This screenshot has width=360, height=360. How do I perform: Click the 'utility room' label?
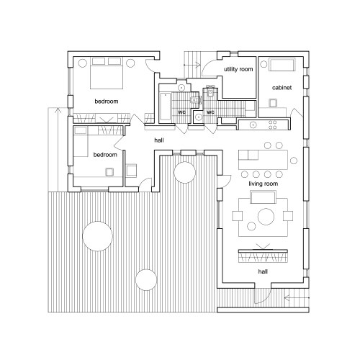tap(238, 69)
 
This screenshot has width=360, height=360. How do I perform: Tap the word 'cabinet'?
tap(282, 88)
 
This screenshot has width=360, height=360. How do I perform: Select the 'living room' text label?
tap(264, 184)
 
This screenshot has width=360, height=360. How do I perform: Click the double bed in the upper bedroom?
tap(107, 73)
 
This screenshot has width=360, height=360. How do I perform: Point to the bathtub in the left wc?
tap(166, 107)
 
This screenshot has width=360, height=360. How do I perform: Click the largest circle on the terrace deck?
tap(97, 236)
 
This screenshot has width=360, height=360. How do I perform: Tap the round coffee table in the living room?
tap(266, 217)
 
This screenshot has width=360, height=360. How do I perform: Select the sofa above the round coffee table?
tap(263, 197)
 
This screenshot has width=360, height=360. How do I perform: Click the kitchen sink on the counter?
tap(253, 125)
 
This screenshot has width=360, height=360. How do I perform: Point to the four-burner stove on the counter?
tap(273, 125)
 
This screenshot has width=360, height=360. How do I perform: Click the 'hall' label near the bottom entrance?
tap(263, 271)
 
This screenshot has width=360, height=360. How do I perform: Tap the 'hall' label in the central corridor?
tap(159, 140)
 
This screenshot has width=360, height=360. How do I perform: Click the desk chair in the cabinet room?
tap(273, 103)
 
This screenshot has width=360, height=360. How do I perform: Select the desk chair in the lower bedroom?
tap(109, 172)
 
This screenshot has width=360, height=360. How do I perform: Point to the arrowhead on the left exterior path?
tap(58, 110)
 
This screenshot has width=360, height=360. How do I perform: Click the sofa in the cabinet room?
tap(282, 65)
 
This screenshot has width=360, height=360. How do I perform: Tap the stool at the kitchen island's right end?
tap(294, 161)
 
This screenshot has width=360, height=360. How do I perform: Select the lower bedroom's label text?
tap(105, 155)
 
